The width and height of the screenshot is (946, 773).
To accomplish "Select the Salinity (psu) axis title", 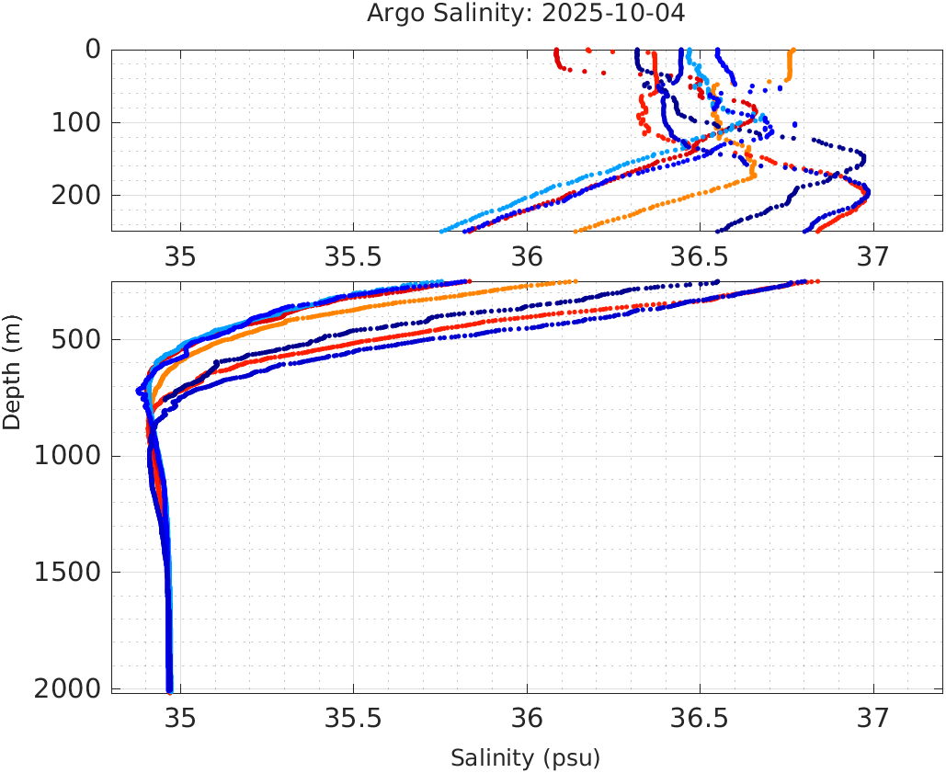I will click(525, 758).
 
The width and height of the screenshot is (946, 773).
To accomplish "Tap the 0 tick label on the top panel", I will click(93, 50).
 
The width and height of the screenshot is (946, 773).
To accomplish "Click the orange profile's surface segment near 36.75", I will click(790, 66).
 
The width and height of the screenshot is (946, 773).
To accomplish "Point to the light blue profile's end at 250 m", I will click(442, 230).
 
